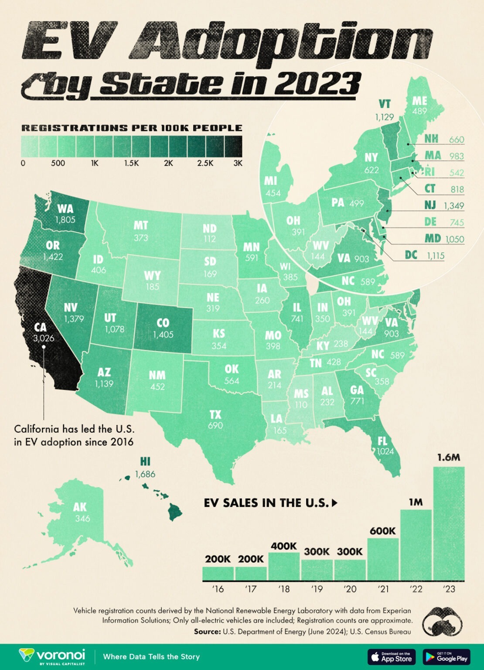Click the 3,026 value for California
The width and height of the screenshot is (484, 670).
44,338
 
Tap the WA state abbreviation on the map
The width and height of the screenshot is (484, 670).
65,209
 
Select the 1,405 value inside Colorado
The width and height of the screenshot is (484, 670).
163,335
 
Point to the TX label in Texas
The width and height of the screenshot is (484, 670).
215,414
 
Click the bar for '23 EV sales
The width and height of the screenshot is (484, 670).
449,523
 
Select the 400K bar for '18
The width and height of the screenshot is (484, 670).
284,566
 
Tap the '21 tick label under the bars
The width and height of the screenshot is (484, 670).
383,589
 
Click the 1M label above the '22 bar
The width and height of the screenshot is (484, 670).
416,502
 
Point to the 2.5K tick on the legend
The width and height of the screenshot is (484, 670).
205,163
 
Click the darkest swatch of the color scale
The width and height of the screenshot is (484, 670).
233,146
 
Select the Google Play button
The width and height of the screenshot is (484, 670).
446,656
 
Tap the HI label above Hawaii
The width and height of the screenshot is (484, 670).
145,461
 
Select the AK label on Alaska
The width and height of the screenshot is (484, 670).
80,507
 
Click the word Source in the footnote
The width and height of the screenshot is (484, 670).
207,631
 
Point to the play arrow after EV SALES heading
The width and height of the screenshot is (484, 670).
335,503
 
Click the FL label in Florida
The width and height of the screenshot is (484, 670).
382,441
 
